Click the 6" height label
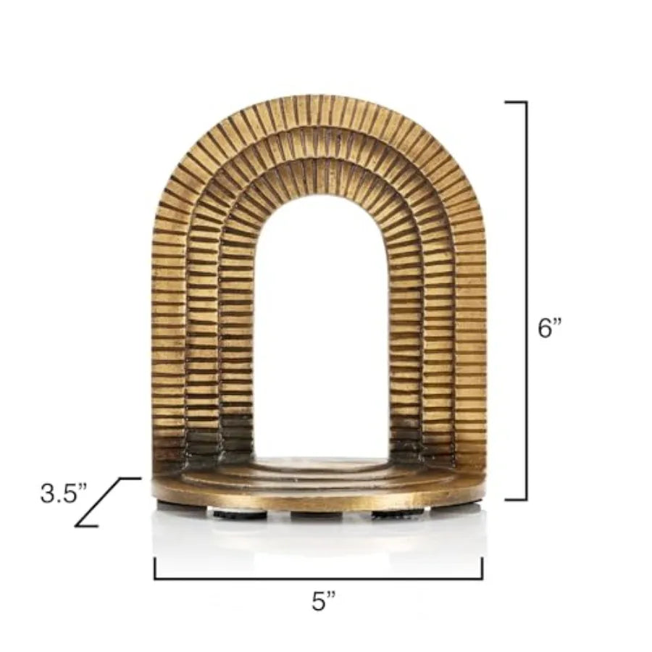(x=550, y=328)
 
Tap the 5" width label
(x=324, y=601)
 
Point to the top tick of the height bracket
(x=515, y=102)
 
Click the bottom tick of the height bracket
(x=515, y=499)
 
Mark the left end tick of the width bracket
(x=155, y=568)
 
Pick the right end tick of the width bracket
(x=482, y=568)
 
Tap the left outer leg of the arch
(x=167, y=326)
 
